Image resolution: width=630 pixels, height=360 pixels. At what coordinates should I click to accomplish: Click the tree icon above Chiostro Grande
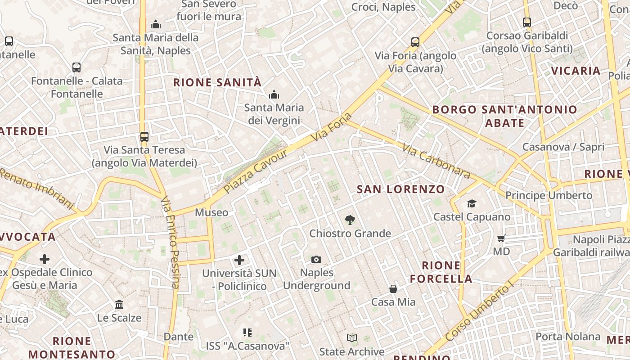(350, 220)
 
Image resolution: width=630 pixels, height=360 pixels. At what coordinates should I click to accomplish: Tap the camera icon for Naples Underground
(316, 259)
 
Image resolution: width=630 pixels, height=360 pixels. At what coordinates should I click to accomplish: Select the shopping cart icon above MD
(501, 238)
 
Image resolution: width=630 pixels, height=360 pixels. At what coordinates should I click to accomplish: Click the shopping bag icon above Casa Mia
(393, 288)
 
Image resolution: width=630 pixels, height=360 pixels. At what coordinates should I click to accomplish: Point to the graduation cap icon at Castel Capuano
(472, 204)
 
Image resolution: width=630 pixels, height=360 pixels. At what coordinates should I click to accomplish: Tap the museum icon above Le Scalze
(119, 305)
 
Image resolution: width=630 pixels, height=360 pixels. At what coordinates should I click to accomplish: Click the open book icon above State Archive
(352, 338)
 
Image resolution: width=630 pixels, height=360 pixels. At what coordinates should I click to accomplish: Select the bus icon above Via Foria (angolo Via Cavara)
(415, 42)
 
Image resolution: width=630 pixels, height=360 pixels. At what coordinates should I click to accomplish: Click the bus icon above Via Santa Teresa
(144, 136)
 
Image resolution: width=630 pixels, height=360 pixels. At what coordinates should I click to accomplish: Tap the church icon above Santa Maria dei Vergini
(274, 94)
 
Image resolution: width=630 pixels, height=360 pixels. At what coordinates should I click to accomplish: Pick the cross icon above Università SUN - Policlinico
(239, 260)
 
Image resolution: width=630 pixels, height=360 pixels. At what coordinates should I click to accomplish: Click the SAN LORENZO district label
(400, 189)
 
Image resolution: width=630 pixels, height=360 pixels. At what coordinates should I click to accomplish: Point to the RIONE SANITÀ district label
(217, 82)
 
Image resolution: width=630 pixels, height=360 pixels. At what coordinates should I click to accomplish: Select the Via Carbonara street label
(436, 161)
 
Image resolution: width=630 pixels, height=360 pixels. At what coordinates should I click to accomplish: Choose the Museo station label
(211, 212)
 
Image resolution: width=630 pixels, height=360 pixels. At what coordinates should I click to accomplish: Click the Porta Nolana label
(568, 337)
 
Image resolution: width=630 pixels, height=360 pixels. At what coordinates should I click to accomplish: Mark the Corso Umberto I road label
(479, 312)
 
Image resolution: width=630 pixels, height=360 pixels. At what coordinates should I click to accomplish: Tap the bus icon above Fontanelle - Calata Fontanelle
(76, 67)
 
